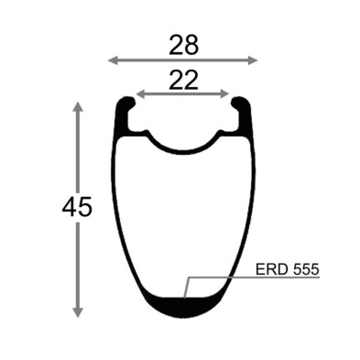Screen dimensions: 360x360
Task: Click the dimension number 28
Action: [184, 45]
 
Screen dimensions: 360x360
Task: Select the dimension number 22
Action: [183, 81]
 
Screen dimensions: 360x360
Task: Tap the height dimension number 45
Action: [77, 206]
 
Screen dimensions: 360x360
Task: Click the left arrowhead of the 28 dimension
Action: [113, 60]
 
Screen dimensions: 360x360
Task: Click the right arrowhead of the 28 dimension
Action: [253, 60]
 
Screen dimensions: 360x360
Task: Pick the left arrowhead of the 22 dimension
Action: [140, 94]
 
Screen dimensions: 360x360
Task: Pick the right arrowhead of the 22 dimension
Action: [224, 94]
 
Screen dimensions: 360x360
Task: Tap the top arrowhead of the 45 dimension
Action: [78, 106]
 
